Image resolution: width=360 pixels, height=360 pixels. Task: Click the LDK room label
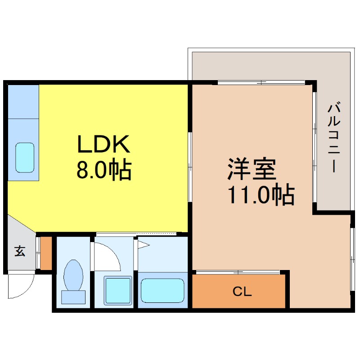pos(104,145)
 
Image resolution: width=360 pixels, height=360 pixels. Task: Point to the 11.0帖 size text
pos(261,195)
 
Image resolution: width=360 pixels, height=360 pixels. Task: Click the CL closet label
pos(242,292)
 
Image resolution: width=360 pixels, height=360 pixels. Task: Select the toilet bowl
pos(73,275)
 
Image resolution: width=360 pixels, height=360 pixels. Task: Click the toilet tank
pos(73,297)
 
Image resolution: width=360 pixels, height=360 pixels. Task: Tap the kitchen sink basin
pos(25,157)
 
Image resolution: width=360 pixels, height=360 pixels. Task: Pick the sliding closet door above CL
pos(237,272)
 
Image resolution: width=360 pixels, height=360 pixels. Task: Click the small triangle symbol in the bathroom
pos(144,245)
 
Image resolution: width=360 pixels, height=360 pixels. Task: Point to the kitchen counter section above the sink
pos(23,101)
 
